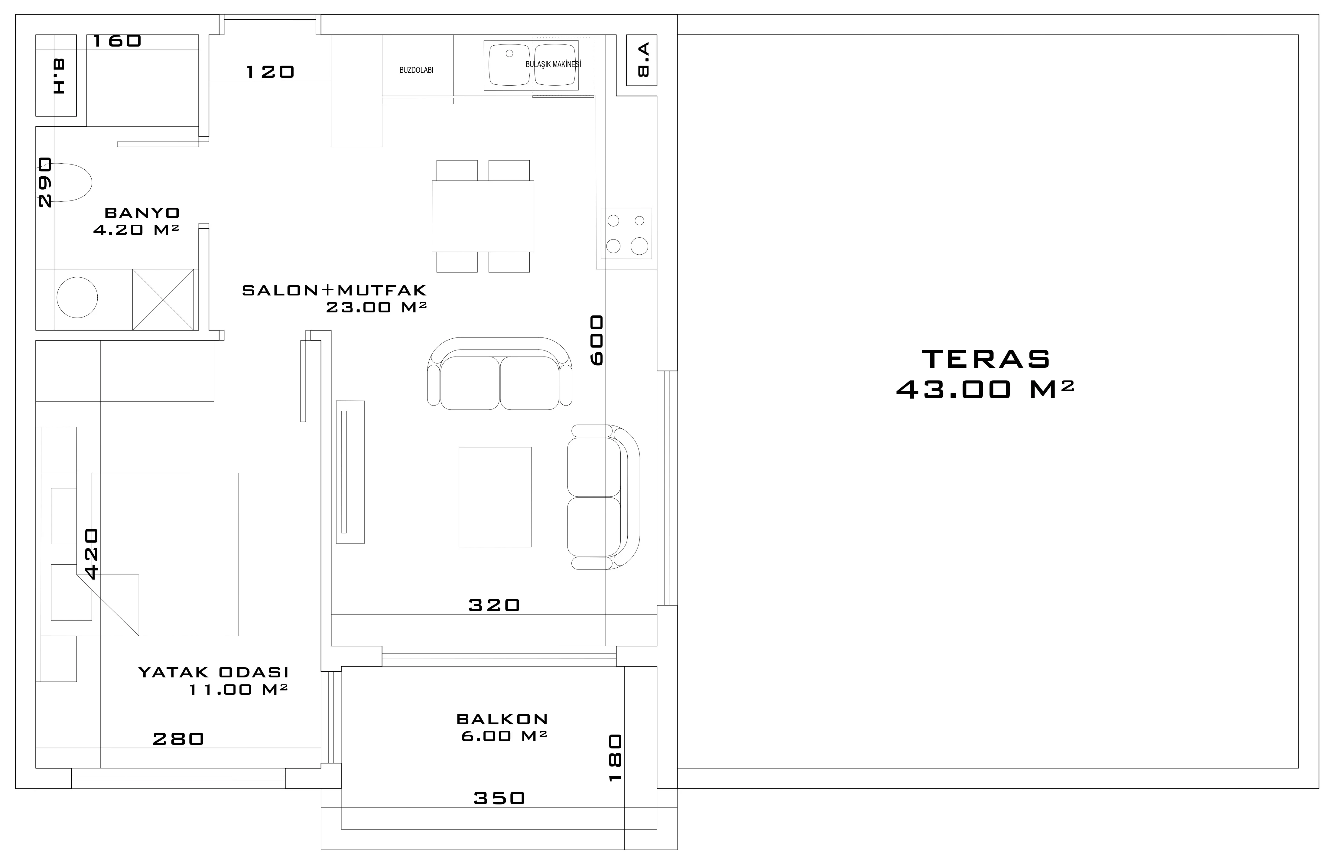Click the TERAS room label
(986, 359)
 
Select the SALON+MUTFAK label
(334, 290)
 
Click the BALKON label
(502, 719)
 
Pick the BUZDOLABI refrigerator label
(416, 70)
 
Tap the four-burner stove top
(626, 233)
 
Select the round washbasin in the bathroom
(77, 298)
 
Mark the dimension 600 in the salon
(597, 341)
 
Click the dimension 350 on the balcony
(499, 798)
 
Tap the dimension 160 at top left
(116, 41)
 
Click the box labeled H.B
(56, 76)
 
